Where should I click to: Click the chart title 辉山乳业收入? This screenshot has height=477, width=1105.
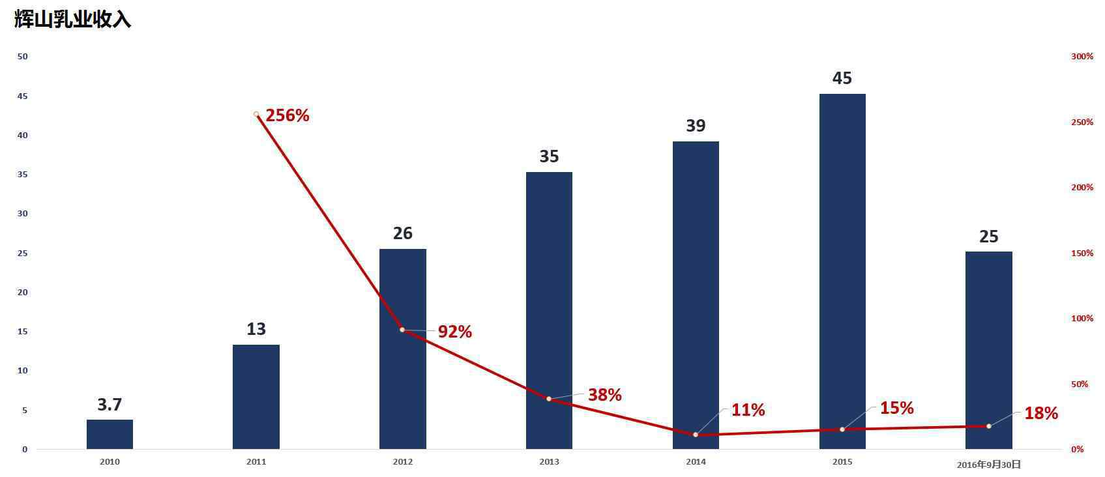click(72, 20)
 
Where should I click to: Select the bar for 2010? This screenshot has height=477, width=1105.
click(110, 434)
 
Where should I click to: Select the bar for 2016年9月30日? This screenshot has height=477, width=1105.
click(988, 350)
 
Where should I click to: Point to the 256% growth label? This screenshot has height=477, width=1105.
click(287, 115)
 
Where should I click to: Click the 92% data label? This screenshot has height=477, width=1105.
click(454, 332)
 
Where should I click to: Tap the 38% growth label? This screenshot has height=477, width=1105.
click(604, 395)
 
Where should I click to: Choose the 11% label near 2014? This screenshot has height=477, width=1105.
click(748, 410)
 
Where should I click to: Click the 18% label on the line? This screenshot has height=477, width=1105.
click(1040, 413)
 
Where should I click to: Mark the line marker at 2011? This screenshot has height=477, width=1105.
click(256, 114)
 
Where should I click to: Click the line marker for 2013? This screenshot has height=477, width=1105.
click(549, 399)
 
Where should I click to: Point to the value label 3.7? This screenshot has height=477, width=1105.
click(110, 405)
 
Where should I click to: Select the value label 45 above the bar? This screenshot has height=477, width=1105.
click(842, 78)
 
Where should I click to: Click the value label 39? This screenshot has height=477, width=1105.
click(696, 126)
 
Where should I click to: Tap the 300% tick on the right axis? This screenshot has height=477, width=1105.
click(1082, 57)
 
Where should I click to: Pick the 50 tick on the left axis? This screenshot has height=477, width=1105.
click(23, 57)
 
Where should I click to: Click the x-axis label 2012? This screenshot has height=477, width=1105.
click(402, 462)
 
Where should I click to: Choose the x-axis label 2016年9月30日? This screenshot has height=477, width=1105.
click(988, 465)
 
